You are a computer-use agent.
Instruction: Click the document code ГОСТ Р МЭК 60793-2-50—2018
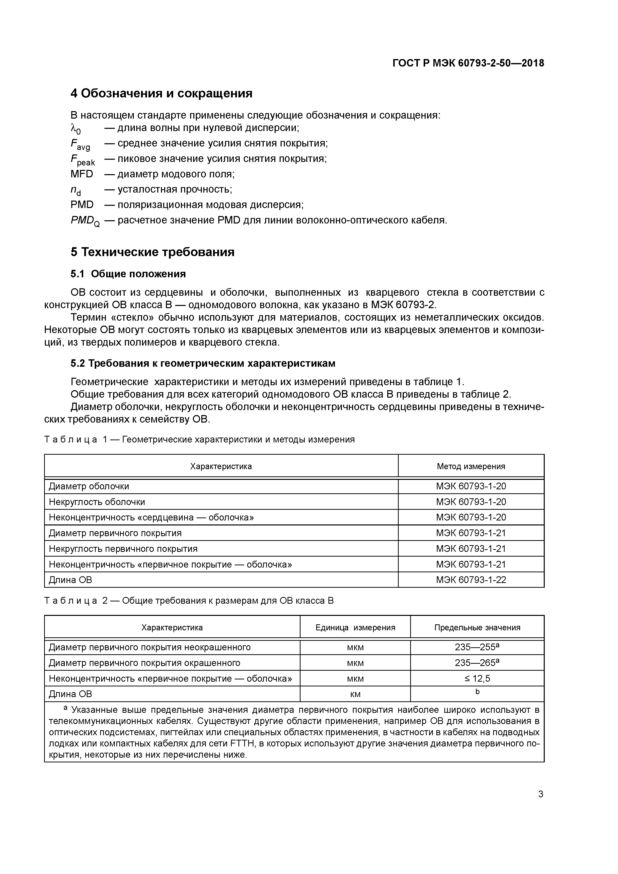coord(468,63)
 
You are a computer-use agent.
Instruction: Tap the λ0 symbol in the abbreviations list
coord(76,129)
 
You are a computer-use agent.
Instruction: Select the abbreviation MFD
coord(81,174)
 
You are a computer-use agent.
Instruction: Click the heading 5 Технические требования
coord(152,252)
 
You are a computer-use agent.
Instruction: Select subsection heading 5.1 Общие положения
coord(128,274)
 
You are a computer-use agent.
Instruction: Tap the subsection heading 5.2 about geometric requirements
coord(203,364)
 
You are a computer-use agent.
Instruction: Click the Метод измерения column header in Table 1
coord(471,466)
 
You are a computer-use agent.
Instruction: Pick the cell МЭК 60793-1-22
coord(471,580)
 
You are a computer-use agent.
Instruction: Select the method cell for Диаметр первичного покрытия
coord(471,533)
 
